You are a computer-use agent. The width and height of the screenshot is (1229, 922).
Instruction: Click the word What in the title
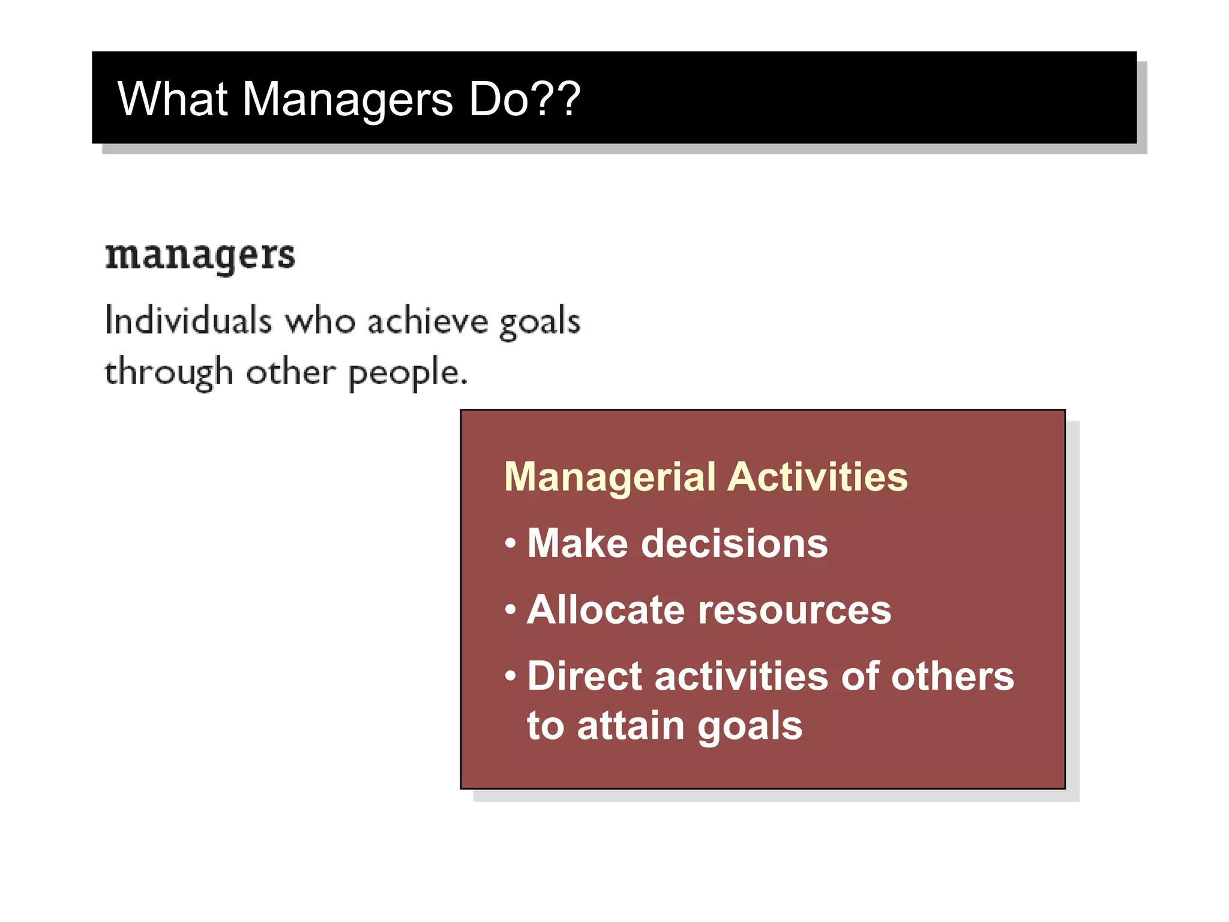click(x=172, y=99)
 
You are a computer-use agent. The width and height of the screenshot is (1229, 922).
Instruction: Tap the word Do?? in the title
click(x=524, y=99)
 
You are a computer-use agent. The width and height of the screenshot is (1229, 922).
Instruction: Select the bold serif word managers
click(x=200, y=257)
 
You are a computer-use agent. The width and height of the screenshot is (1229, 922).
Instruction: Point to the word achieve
click(x=428, y=321)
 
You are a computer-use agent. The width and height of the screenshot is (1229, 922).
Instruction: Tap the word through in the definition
click(x=169, y=373)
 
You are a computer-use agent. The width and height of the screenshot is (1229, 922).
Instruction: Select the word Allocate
click(x=605, y=610)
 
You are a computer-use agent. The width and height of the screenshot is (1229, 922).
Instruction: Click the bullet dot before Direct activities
click(x=511, y=676)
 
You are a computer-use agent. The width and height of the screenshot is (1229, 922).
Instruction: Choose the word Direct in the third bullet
click(x=585, y=676)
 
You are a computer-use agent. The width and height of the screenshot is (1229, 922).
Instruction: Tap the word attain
click(x=631, y=726)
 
